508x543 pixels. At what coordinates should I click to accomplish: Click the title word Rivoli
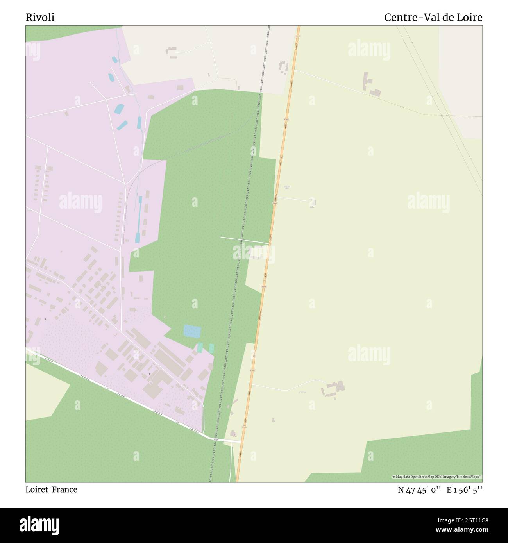coord(40,17)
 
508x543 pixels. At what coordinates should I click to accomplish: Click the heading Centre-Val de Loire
coord(433,17)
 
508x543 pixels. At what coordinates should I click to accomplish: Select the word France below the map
coord(64,489)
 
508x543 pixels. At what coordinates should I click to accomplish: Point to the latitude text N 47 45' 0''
coord(420,490)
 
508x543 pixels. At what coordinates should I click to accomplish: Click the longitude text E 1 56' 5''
coord(465,490)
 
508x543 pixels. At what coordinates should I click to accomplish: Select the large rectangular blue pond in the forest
coord(192,331)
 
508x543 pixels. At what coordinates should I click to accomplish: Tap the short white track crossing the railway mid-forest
coord(244,240)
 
